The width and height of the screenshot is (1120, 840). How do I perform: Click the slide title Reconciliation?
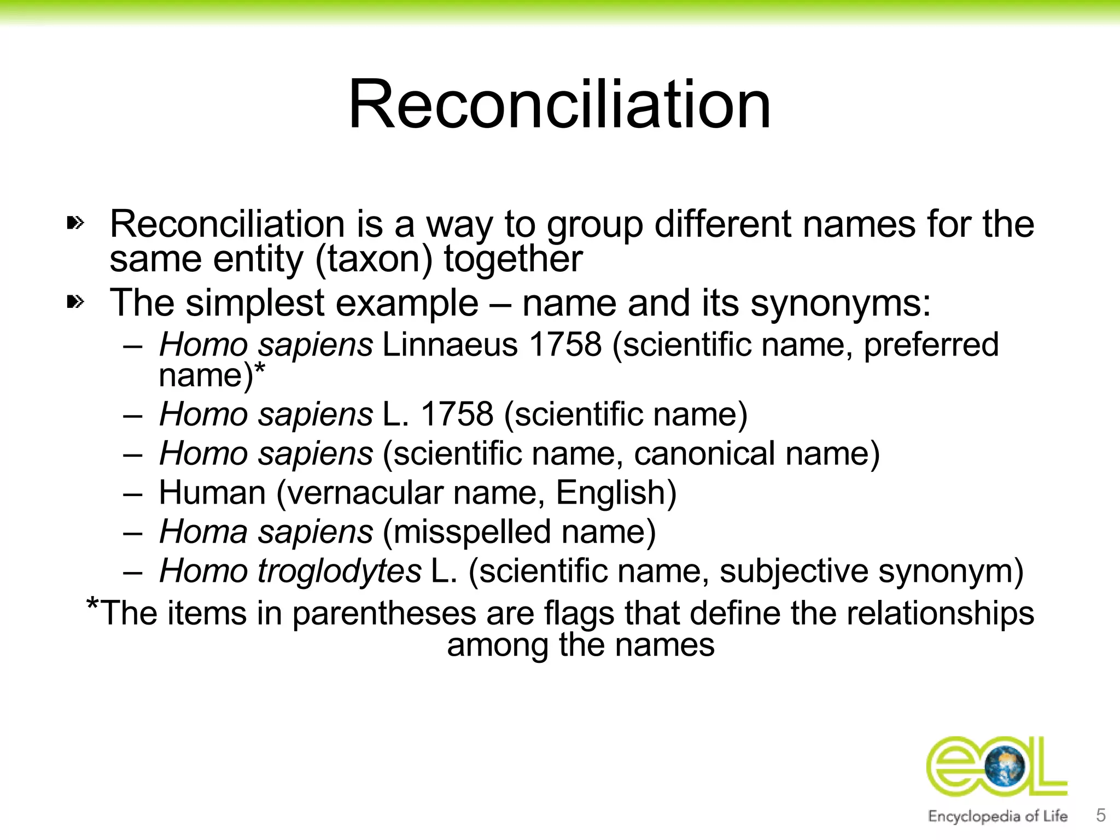(x=559, y=105)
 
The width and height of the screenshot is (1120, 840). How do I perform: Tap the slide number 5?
(x=1101, y=815)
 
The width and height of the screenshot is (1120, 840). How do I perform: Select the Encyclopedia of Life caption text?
(x=997, y=816)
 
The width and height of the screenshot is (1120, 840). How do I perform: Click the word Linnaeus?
(x=450, y=345)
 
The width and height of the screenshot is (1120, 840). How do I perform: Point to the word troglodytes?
(x=340, y=571)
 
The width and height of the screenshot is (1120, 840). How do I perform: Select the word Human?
(x=212, y=493)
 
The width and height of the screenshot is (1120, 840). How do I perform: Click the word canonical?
(x=704, y=453)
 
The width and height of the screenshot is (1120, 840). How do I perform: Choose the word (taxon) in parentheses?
(x=374, y=259)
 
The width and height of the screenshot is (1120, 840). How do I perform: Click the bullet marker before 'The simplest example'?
(x=75, y=301)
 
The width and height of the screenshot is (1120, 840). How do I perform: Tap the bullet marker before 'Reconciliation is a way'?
(x=75, y=223)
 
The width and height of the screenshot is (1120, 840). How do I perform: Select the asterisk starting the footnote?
(x=92, y=605)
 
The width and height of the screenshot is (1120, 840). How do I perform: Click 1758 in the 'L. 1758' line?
(x=457, y=414)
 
